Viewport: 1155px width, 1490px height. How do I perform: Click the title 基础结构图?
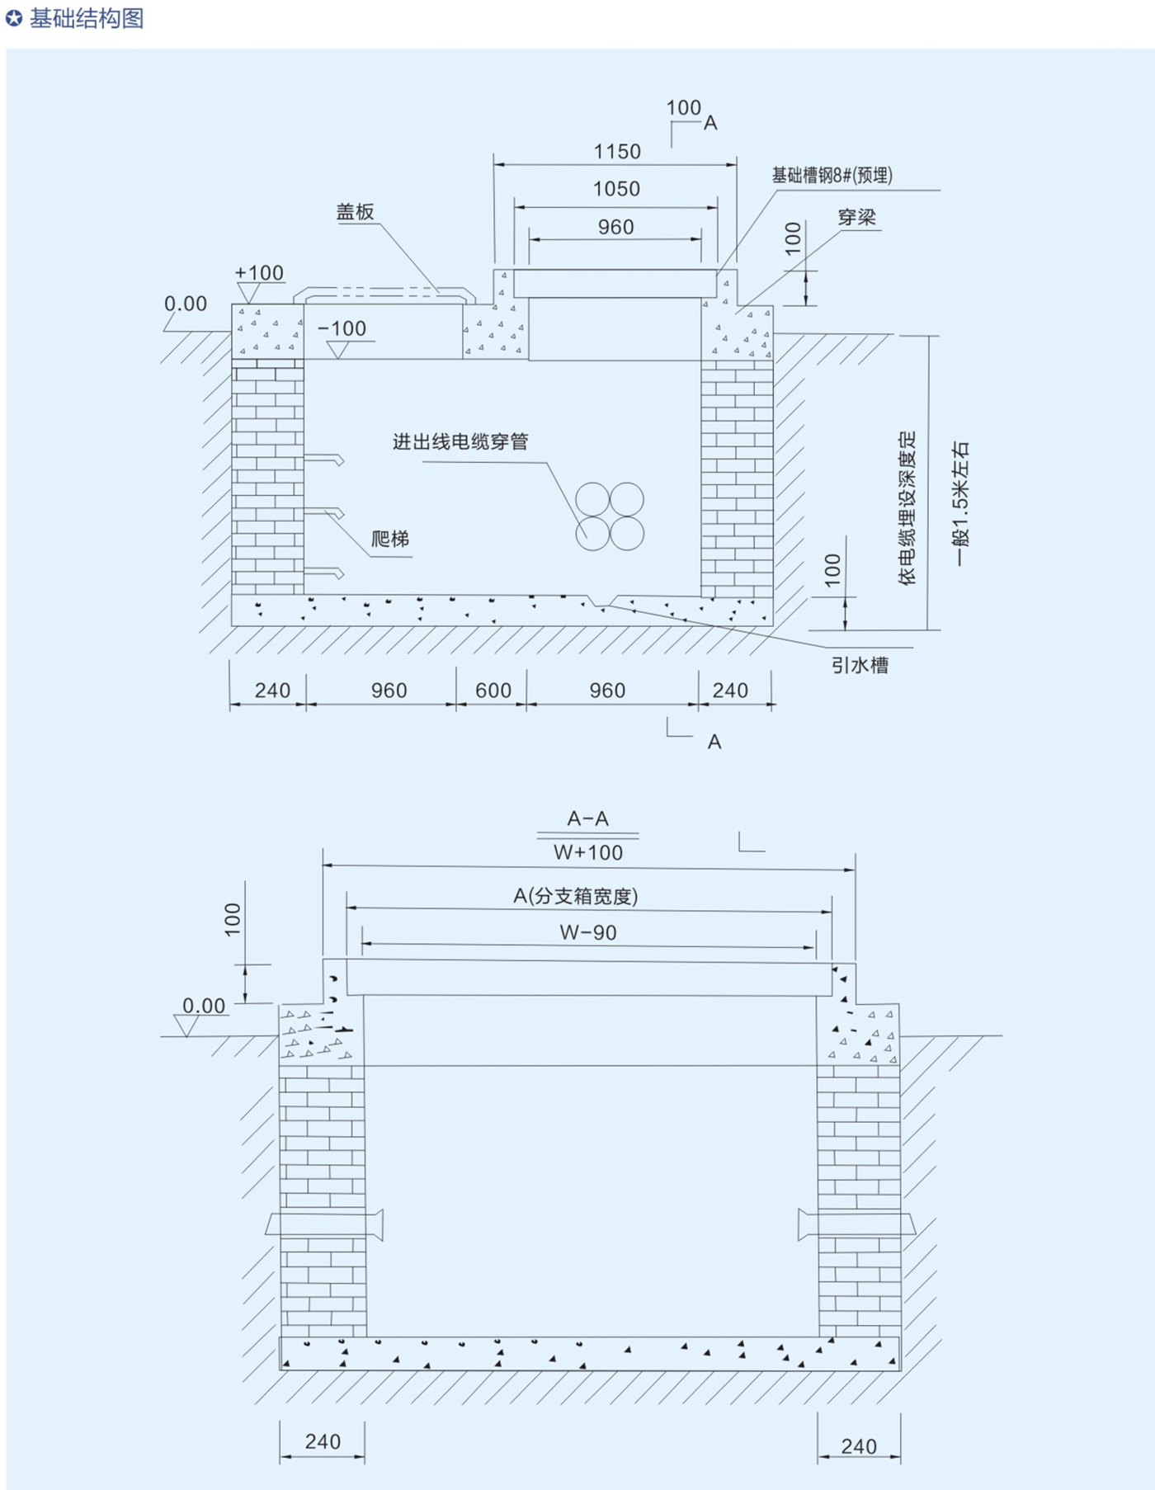click(86, 18)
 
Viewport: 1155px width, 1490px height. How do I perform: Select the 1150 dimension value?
click(617, 152)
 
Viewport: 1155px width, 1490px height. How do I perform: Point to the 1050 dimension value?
click(616, 189)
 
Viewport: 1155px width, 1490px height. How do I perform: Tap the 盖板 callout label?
click(356, 212)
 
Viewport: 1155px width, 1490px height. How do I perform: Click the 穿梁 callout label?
click(856, 217)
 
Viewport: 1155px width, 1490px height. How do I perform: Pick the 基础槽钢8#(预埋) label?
click(832, 175)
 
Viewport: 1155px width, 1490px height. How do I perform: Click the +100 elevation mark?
click(259, 272)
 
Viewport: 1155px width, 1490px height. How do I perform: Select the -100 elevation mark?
click(342, 328)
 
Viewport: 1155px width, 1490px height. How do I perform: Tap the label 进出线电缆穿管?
click(460, 442)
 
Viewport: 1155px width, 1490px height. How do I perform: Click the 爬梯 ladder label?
click(390, 540)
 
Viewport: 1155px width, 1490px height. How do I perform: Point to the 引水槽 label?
click(860, 665)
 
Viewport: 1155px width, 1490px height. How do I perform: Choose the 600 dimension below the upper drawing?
click(493, 691)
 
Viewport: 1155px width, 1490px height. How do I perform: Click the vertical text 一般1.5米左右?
click(961, 502)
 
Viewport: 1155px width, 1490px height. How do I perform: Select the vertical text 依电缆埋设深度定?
click(907, 507)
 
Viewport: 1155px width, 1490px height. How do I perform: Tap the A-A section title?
click(587, 818)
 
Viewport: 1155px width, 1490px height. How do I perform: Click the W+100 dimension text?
click(588, 853)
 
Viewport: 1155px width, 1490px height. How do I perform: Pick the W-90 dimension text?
click(588, 933)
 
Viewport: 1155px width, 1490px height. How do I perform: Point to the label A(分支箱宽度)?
click(576, 896)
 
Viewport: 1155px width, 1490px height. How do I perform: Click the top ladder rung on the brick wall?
click(323, 458)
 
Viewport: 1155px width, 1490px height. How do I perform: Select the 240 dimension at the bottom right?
click(859, 1446)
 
